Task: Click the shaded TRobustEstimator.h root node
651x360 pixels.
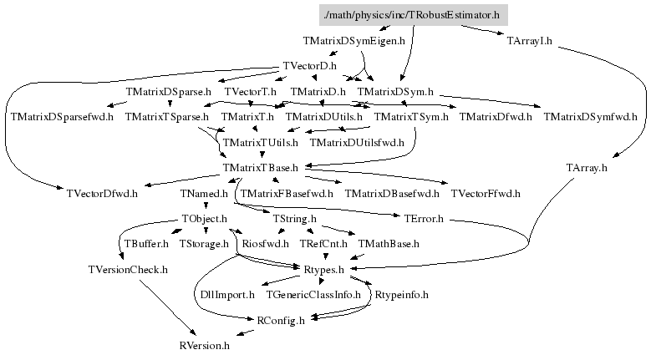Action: [413, 15]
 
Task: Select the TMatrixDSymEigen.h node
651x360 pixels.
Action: [353, 41]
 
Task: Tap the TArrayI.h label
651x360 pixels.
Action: [529, 41]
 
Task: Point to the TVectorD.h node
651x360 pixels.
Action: [309, 66]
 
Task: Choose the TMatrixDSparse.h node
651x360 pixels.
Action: [168, 92]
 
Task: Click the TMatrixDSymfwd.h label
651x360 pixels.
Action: [590, 117]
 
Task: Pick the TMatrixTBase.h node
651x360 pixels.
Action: [261, 168]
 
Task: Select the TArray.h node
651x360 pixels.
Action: [586, 168]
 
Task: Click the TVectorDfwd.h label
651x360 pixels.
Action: [102, 193]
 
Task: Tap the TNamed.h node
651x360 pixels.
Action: [204, 193]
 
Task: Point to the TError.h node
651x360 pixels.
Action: [424, 219]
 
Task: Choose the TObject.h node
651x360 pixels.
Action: [204, 219]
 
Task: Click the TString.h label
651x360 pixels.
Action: [294, 219]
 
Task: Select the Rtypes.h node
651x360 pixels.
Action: [324, 270]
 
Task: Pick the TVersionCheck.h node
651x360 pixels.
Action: [128, 270]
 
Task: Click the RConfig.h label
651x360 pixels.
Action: [281, 321]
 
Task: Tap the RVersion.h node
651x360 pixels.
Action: [204, 346]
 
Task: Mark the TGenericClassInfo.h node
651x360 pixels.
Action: [313, 295]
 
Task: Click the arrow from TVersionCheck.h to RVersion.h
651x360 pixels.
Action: [167, 307]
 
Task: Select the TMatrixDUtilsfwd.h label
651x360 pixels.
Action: [357, 143]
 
